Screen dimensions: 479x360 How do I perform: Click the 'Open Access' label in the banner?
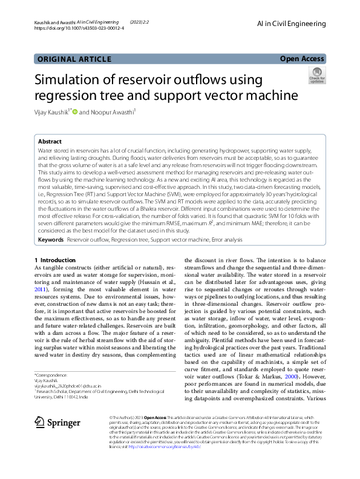pos(303,59)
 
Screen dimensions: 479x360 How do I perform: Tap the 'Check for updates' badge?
pos(316,76)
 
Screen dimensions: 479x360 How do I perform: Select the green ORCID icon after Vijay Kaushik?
pos(75,112)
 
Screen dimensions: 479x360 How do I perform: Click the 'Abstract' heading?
pos(50,140)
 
